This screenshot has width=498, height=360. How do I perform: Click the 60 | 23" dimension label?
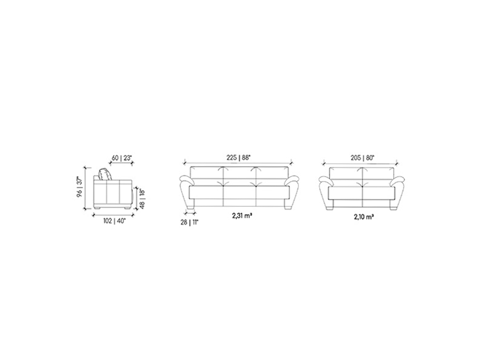click(122, 158)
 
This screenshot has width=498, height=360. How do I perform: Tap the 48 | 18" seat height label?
click(142, 199)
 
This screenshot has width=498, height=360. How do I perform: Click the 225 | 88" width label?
click(238, 157)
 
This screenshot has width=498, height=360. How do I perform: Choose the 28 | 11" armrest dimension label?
click(189, 222)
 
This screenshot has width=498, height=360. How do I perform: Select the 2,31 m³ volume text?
click(242, 215)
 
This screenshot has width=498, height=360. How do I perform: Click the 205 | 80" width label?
click(362, 157)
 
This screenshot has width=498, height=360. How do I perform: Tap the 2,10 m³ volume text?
click(364, 217)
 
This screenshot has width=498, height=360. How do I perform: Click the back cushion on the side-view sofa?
click(105, 174)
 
